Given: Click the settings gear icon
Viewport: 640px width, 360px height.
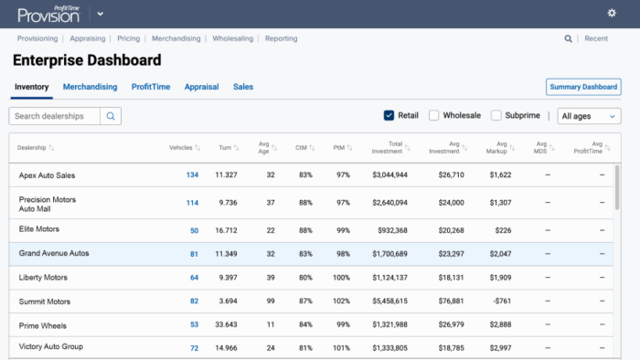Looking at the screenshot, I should point(612,13).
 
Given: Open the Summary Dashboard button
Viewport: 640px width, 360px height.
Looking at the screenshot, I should point(582,87).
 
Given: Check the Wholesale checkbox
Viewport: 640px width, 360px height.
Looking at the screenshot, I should point(434,116).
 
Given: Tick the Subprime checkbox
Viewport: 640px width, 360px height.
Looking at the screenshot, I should point(496,116).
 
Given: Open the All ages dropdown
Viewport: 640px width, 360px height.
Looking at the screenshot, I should point(589,116).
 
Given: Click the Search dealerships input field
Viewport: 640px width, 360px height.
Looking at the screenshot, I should point(55,116).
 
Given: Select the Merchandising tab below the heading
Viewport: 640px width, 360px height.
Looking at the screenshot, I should point(90,87).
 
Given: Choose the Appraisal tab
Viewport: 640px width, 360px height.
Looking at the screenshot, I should point(201,87).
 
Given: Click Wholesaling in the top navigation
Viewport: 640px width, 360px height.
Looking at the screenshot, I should point(234,38).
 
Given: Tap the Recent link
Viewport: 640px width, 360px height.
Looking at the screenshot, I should point(596,38).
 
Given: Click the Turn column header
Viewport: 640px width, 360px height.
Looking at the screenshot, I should point(225,147).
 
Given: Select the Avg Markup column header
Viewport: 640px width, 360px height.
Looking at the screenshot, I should point(498,147).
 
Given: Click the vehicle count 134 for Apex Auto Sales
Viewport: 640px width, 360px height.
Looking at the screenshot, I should point(192,175).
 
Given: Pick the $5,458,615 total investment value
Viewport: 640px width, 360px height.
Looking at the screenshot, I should point(389,301).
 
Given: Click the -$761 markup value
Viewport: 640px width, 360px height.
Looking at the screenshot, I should point(499,301).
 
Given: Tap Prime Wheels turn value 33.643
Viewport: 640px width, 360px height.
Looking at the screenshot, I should point(226,324).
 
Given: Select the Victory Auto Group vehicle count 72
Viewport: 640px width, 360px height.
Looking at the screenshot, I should point(194,348).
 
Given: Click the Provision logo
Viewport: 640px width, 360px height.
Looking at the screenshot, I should point(52,14).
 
